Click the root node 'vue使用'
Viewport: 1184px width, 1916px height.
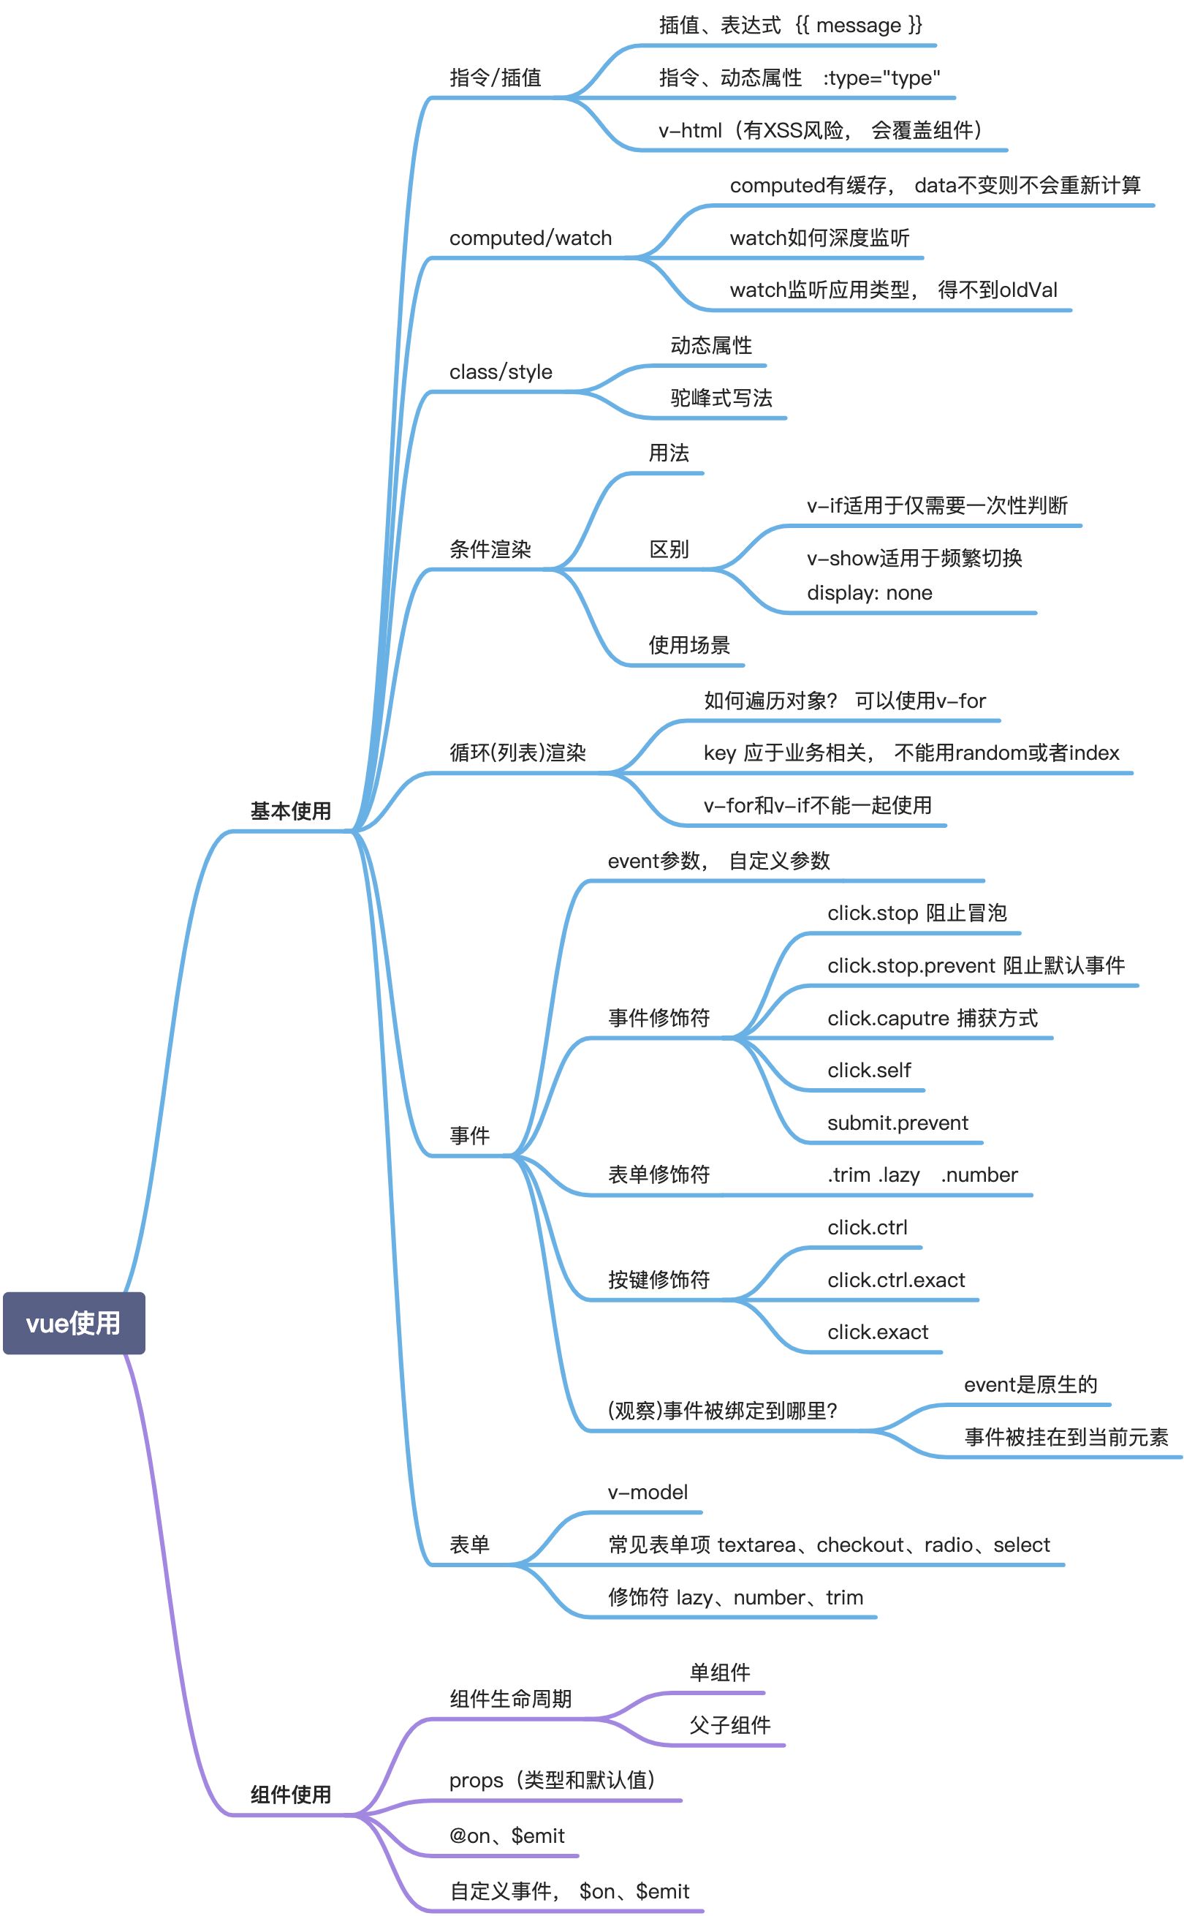point(74,1323)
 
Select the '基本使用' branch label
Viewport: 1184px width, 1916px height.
point(291,811)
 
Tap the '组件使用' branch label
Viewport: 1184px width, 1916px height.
point(291,1795)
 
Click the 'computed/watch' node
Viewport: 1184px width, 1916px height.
point(530,238)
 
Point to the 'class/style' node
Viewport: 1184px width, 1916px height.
point(501,372)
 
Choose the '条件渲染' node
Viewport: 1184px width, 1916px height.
point(490,549)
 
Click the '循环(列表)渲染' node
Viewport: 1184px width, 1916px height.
point(517,753)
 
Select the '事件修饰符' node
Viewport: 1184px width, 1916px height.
point(659,1017)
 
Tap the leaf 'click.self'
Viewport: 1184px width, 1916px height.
point(869,1070)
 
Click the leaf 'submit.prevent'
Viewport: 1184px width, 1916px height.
point(898,1123)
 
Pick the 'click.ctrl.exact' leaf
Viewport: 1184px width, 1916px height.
point(896,1280)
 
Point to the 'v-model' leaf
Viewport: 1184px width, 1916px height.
point(648,1493)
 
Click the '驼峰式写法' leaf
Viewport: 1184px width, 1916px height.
point(721,398)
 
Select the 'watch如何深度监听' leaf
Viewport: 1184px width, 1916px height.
point(819,238)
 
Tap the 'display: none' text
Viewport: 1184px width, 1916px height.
point(869,593)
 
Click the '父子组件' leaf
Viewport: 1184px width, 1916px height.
point(730,1725)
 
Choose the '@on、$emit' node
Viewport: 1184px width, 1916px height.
point(506,1836)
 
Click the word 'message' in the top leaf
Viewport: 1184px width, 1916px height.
point(858,26)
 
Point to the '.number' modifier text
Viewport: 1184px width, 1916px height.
point(979,1175)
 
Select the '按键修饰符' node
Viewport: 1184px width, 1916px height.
point(659,1280)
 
